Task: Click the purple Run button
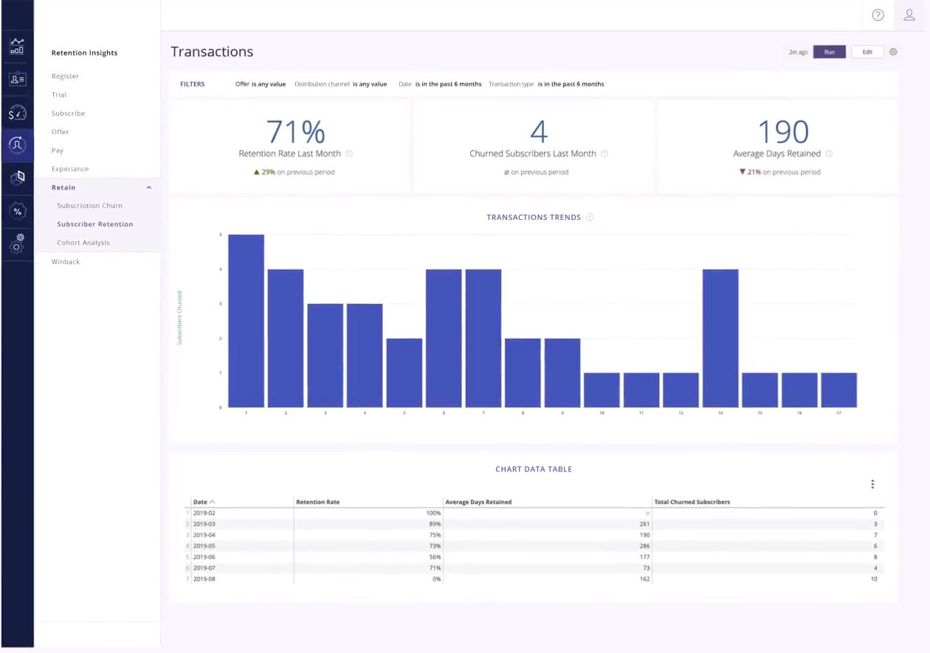pyautogui.click(x=829, y=52)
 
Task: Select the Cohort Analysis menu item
pyautogui.click(x=83, y=243)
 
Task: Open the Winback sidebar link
pyautogui.click(x=66, y=262)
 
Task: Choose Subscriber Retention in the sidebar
pyautogui.click(x=95, y=224)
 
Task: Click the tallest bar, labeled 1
pyautogui.click(x=246, y=321)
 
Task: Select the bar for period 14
pyautogui.click(x=720, y=338)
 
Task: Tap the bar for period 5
pyautogui.click(x=404, y=373)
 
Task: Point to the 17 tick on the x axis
pyautogui.click(x=839, y=413)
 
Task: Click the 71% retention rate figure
pyautogui.click(x=295, y=132)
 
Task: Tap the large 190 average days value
pyautogui.click(x=783, y=132)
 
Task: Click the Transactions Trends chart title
pyautogui.click(x=534, y=218)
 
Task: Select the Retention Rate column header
pyautogui.click(x=318, y=502)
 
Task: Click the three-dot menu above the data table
pyautogui.click(x=872, y=485)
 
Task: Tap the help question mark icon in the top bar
pyautogui.click(x=878, y=15)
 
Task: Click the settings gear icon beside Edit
pyautogui.click(x=893, y=52)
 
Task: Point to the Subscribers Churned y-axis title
pyautogui.click(x=179, y=318)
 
